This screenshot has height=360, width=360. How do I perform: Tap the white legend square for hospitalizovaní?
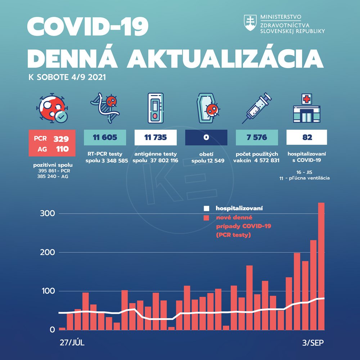(206, 208)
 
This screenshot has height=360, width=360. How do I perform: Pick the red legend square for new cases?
(206, 218)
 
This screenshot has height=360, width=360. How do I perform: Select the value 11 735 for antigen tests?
(156, 138)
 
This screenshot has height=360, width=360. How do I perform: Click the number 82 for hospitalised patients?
(307, 138)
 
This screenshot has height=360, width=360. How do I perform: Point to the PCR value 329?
(61, 139)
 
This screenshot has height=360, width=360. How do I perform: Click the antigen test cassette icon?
(156, 107)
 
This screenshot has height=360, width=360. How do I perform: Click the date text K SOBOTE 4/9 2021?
(67, 77)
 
